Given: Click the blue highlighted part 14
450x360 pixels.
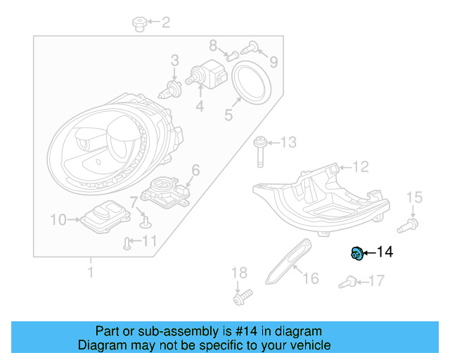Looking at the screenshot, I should click(x=356, y=253).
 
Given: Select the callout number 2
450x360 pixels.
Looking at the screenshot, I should click(x=165, y=23).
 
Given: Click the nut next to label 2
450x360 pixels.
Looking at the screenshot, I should click(x=139, y=25).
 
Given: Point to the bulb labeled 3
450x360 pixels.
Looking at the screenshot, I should click(x=170, y=88).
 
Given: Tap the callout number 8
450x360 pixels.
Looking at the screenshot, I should click(x=213, y=46).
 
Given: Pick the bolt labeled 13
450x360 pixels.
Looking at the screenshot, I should click(x=259, y=150).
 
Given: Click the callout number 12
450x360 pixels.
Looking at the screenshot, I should click(x=361, y=167).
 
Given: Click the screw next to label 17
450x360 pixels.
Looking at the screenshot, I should click(x=346, y=283).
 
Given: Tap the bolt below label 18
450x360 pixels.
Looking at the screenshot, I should click(x=240, y=298).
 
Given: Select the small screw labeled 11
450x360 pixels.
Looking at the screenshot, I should click(x=127, y=243).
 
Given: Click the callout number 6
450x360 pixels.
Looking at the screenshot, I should click(x=195, y=169).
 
